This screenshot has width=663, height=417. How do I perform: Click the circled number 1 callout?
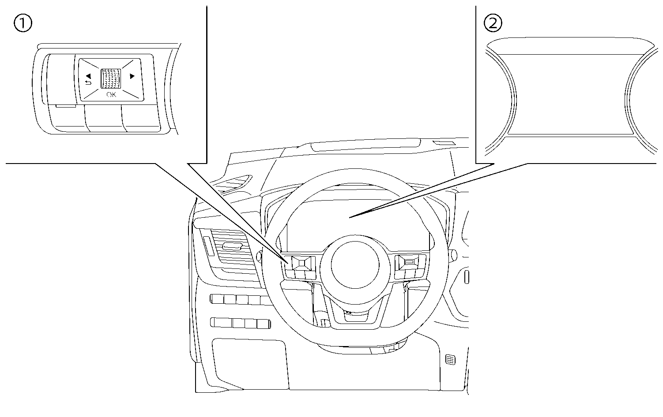coord(23,23)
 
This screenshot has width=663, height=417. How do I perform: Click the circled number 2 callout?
coord(493,23)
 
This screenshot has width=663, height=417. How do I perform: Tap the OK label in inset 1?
coord(111,94)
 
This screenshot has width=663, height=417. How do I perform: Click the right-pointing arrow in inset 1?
coord(132,76)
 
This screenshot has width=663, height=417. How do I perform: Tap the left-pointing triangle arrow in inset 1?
coord(88,75)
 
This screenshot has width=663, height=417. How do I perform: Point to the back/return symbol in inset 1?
coord(87,82)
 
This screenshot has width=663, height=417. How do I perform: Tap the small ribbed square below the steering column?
coord(450,359)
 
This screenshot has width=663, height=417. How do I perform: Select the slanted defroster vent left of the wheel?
coord(233,183)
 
